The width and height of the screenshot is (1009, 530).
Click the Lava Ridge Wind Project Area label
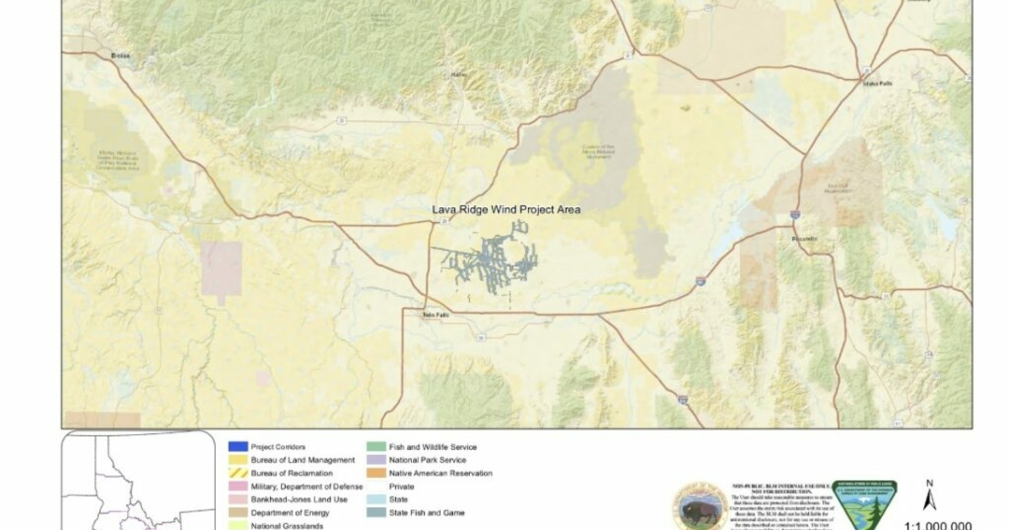click(x=506, y=209)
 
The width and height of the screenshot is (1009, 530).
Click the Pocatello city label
click(x=805, y=239)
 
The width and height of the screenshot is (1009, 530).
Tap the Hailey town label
click(x=459, y=75)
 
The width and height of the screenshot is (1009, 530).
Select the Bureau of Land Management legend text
click(x=291, y=460)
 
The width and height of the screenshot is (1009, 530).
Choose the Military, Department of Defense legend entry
click(x=306, y=487)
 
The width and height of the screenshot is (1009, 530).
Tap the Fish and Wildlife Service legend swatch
click(x=376, y=447)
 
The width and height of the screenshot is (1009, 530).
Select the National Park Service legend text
click(x=427, y=460)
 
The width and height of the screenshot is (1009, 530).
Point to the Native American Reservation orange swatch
click(x=376, y=474)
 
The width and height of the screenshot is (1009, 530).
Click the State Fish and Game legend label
click(x=432, y=513)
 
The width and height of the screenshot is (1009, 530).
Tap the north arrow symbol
click(x=929, y=496)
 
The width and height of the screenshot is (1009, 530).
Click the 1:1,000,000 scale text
click(x=938, y=524)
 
